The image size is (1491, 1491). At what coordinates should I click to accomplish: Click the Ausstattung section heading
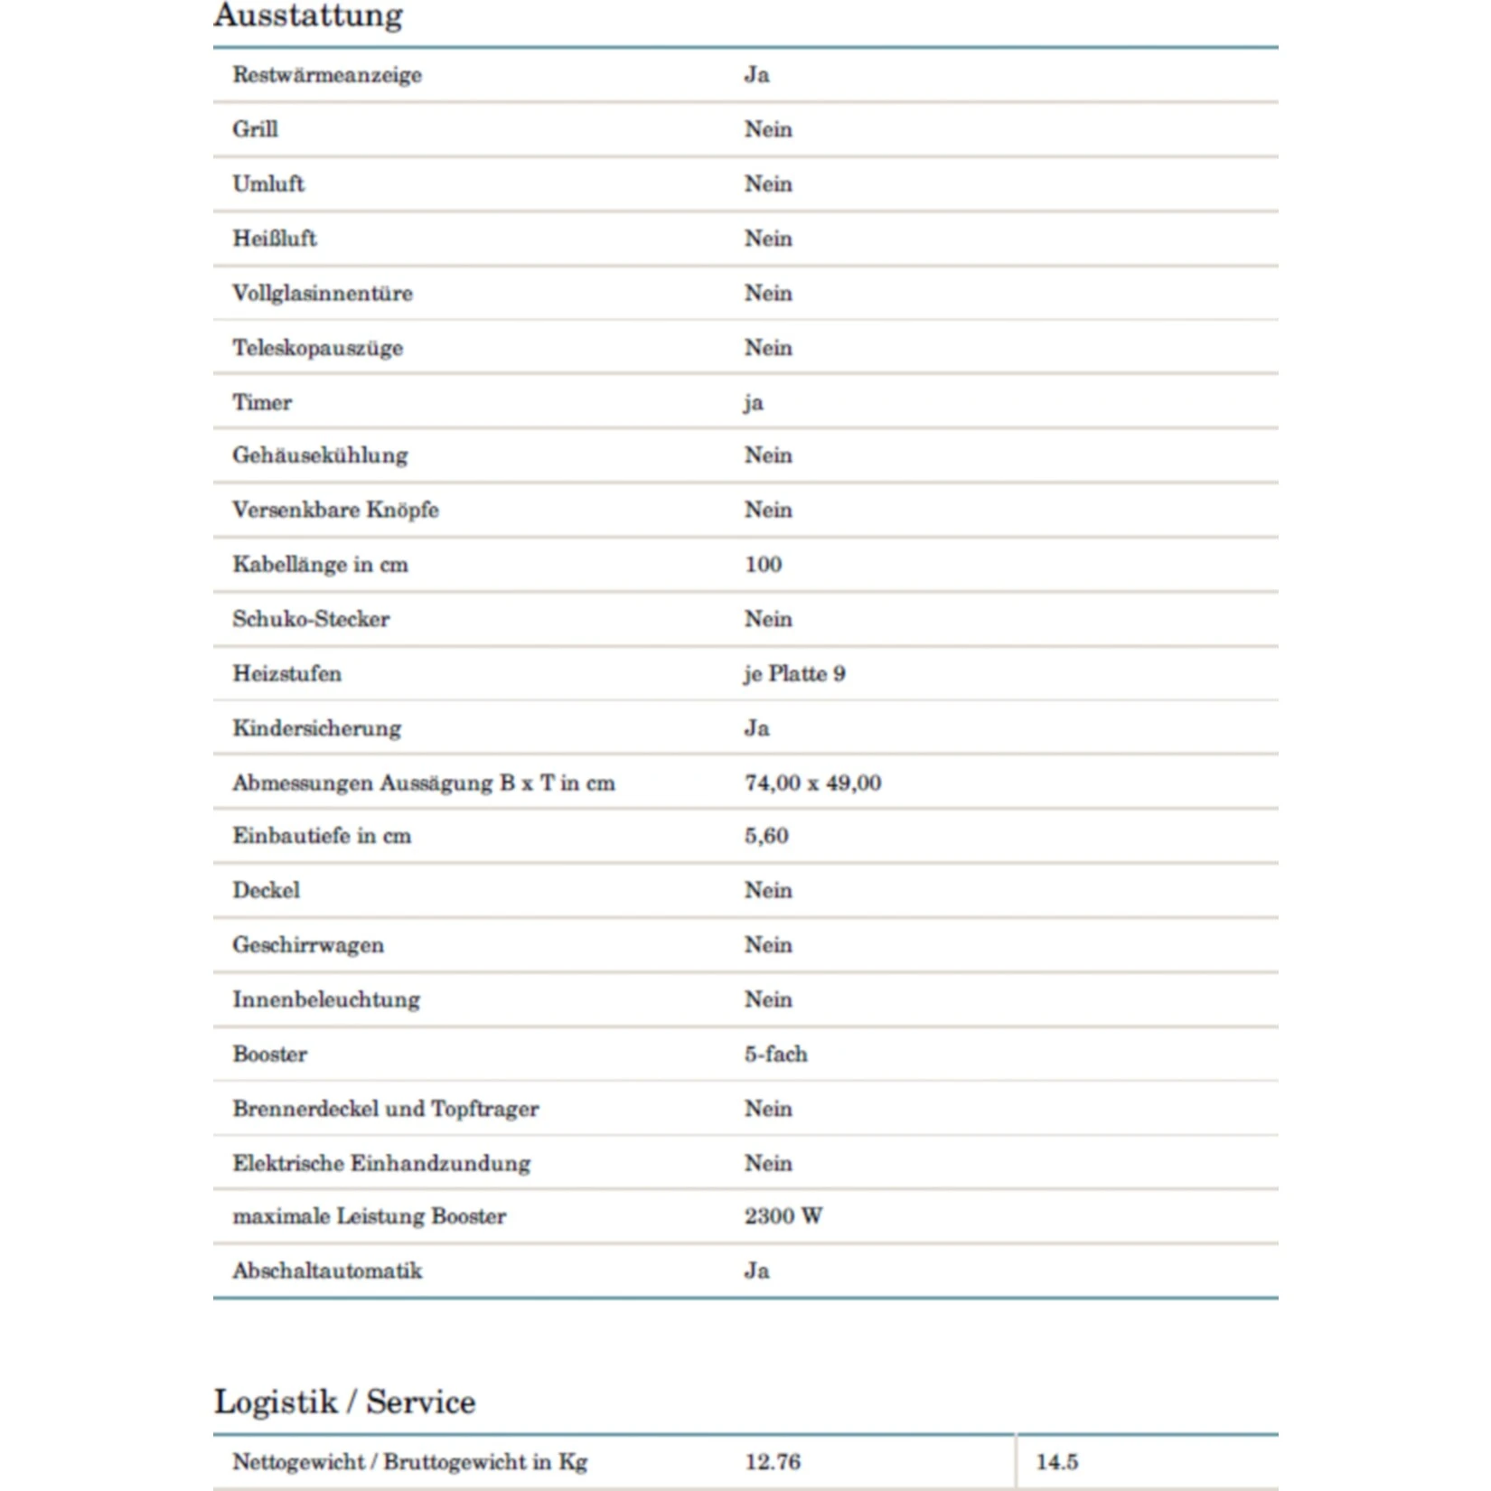308,15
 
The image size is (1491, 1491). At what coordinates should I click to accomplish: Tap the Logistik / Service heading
344,1402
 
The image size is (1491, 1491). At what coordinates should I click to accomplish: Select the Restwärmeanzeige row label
327,75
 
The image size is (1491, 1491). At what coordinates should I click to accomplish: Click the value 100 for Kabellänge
763,565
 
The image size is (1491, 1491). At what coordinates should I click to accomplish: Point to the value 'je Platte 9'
794,674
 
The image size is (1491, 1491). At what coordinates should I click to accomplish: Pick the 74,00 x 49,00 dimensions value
812,783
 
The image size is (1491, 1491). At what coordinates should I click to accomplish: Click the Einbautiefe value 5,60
766,836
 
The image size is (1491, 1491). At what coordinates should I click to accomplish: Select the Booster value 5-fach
775,1054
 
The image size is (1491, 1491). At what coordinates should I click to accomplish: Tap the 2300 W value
783,1216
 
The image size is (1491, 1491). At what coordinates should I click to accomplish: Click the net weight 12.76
773,1462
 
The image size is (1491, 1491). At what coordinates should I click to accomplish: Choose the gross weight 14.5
1056,1462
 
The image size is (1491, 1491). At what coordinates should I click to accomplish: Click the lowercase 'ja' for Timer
754,403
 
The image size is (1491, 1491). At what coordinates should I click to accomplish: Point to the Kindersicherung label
316,728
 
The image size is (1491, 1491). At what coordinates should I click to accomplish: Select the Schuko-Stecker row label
311,619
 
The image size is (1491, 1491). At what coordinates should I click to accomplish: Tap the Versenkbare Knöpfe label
335,510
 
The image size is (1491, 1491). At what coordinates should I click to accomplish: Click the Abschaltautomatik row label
327,1271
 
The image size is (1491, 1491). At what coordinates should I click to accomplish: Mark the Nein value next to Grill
768,129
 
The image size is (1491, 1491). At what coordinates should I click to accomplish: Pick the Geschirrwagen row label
308,945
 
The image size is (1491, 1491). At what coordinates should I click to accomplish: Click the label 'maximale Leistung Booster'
369,1216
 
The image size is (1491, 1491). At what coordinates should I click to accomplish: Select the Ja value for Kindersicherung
756,728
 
